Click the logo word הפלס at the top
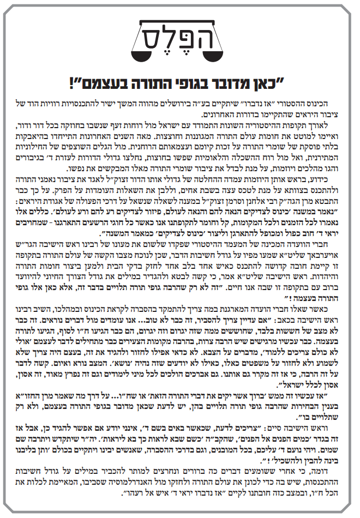pos(179,36)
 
